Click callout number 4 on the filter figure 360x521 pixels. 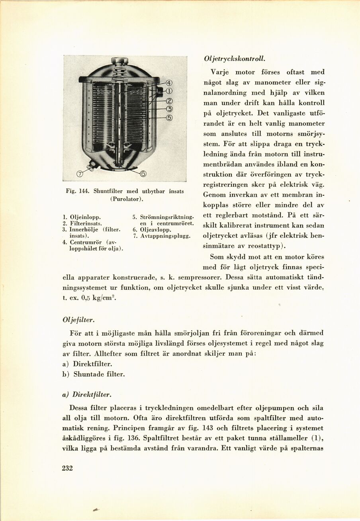169,83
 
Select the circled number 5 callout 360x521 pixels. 169,118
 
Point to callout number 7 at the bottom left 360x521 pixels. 80,173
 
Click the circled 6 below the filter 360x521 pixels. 143,174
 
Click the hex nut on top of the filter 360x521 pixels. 119,61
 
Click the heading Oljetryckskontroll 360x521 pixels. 234,58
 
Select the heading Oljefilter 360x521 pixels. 78,319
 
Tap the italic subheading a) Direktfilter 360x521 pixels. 86,394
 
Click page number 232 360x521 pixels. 68,468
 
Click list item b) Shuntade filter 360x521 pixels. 94,374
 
